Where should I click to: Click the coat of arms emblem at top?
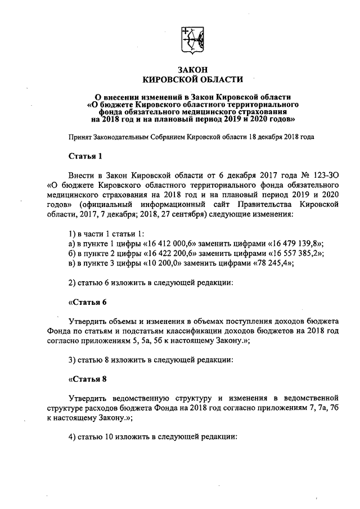click(x=191, y=39)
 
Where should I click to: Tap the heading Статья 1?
click(x=84, y=155)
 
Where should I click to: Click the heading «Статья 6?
click(x=87, y=302)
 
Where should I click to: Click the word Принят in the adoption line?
click(x=80, y=137)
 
